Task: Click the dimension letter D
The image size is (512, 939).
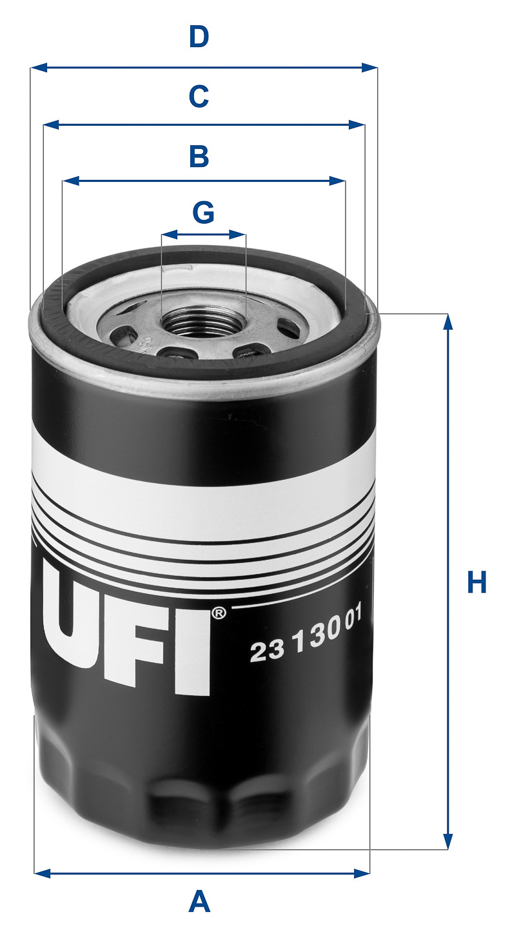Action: (x=199, y=37)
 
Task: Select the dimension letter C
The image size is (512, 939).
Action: (x=199, y=96)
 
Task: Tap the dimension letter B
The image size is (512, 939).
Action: (x=199, y=156)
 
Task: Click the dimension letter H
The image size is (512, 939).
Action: (x=477, y=583)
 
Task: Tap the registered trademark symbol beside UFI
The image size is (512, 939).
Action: (x=219, y=613)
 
